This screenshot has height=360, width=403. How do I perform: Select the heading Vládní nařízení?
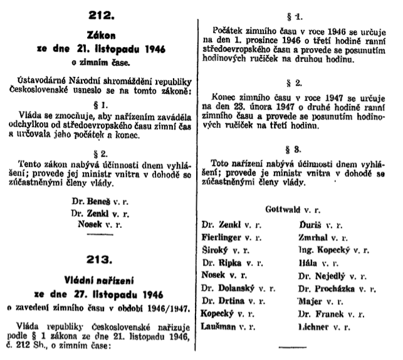point(102,276)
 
